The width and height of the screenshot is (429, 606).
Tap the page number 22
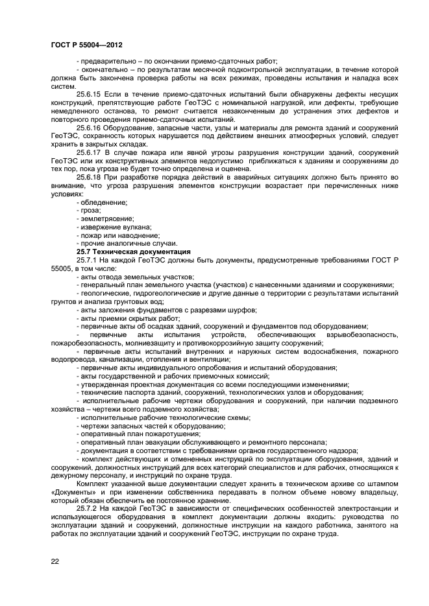[55, 561]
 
